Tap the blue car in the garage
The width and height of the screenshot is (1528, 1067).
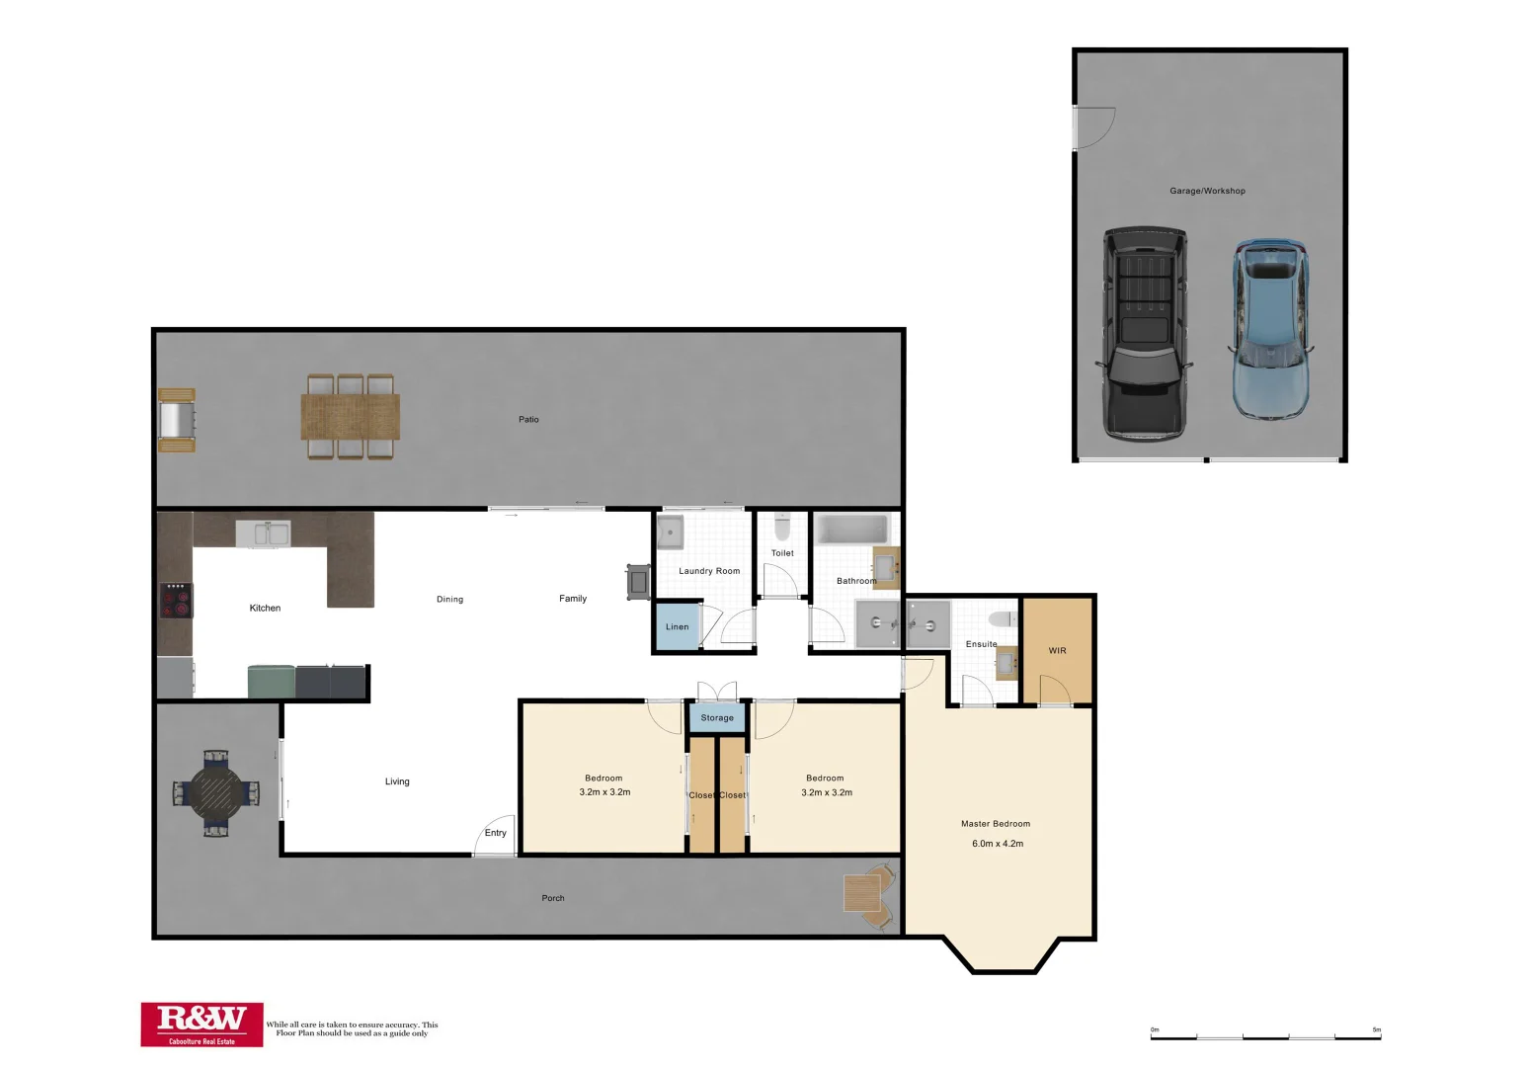[x=1270, y=328]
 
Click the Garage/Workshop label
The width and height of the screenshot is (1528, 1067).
[x=1207, y=191]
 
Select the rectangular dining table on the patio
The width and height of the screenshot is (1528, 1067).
[x=351, y=416]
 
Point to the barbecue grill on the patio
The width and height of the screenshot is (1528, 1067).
[x=177, y=420]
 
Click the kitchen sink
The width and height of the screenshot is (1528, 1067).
[x=263, y=533]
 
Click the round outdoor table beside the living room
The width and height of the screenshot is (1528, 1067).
[x=216, y=792]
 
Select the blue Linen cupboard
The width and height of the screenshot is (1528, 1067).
[x=677, y=626]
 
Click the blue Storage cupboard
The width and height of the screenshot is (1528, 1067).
[x=717, y=717]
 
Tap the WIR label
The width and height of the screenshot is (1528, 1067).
[x=1057, y=650]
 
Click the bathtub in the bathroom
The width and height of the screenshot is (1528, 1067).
[x=852, y=529]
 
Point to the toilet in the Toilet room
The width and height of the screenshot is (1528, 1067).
[x=782, y=526]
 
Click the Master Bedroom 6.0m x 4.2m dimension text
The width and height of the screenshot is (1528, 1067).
[x=998, y=844]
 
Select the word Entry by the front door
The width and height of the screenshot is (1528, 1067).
[x=495, y=833]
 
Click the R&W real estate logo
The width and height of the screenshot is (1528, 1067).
[x=201, y=1025]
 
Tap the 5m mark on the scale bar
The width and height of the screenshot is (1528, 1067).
[x=1377, y=1030]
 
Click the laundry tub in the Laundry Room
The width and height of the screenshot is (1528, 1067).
[x=671, y=532]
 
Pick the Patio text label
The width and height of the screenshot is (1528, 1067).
[x=528, y=420]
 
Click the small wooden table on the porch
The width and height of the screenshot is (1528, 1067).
[x=862, y=893]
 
